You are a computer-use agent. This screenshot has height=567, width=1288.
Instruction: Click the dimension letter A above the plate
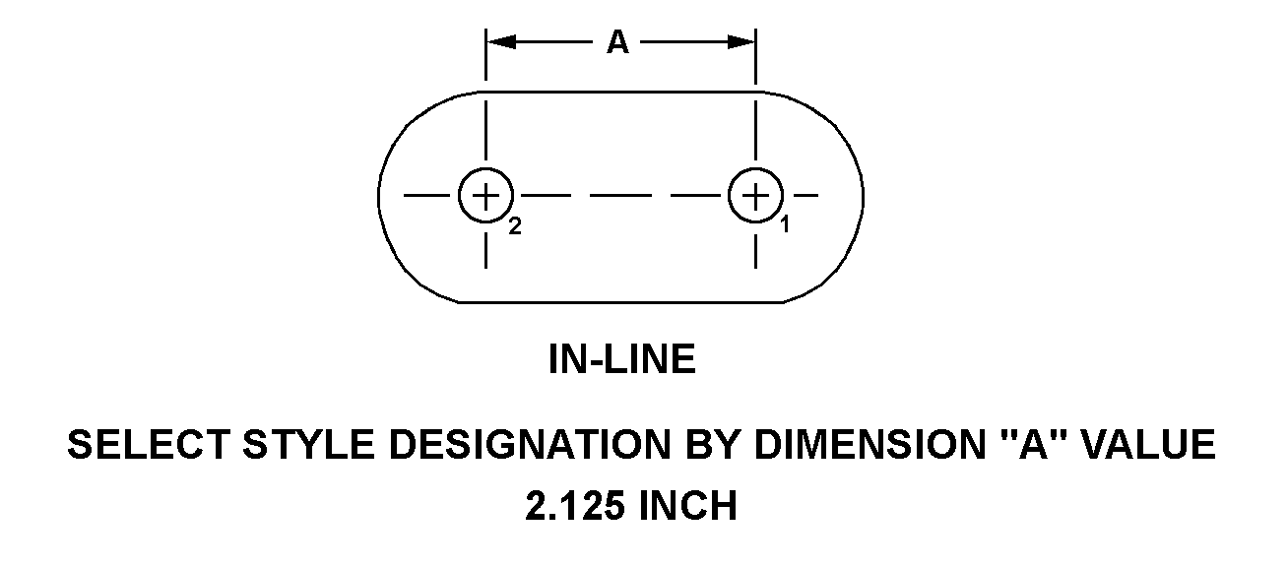pyautogui.click(x=618, y=42)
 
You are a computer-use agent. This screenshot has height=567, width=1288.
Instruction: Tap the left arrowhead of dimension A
pyautogui.click(x=501, y=42)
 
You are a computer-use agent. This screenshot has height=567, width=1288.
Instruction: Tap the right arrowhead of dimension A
pyautogui.click(x=741, y=42)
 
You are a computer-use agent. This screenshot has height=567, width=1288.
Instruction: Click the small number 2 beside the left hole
pyautogui.click(x=515, y=226)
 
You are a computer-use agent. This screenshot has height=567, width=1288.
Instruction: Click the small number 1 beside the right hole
pyautogui.click(x=785, y=224)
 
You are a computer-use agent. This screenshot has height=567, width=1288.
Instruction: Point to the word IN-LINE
pyautogui.click(x=622, y=359)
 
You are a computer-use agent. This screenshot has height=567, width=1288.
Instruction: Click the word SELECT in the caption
pyautogui.click(x=148, y=445)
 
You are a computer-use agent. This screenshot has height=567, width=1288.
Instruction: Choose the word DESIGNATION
pyautogui.click(x=530, y=445)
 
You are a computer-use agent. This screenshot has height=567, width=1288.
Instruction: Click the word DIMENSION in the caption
pyautogui.click(x=869, y=445)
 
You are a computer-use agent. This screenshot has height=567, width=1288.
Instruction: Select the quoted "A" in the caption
pyautogui.click(x=1032, y=445)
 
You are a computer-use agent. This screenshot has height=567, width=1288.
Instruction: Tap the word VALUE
pyautogui.click(x=1147, y=445)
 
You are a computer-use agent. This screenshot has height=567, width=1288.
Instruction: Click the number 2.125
pyautogui.click(x=574, y=506)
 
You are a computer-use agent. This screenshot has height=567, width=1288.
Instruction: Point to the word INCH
pyautogui.click(x=688, y=506)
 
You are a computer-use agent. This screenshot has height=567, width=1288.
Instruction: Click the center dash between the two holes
pyautogui.click(x=620, y=196)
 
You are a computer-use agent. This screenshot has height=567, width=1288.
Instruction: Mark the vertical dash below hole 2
pyautogui.click(x=485, y=251)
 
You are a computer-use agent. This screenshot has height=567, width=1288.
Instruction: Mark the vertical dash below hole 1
pyautogui.click(x=755, y=251)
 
